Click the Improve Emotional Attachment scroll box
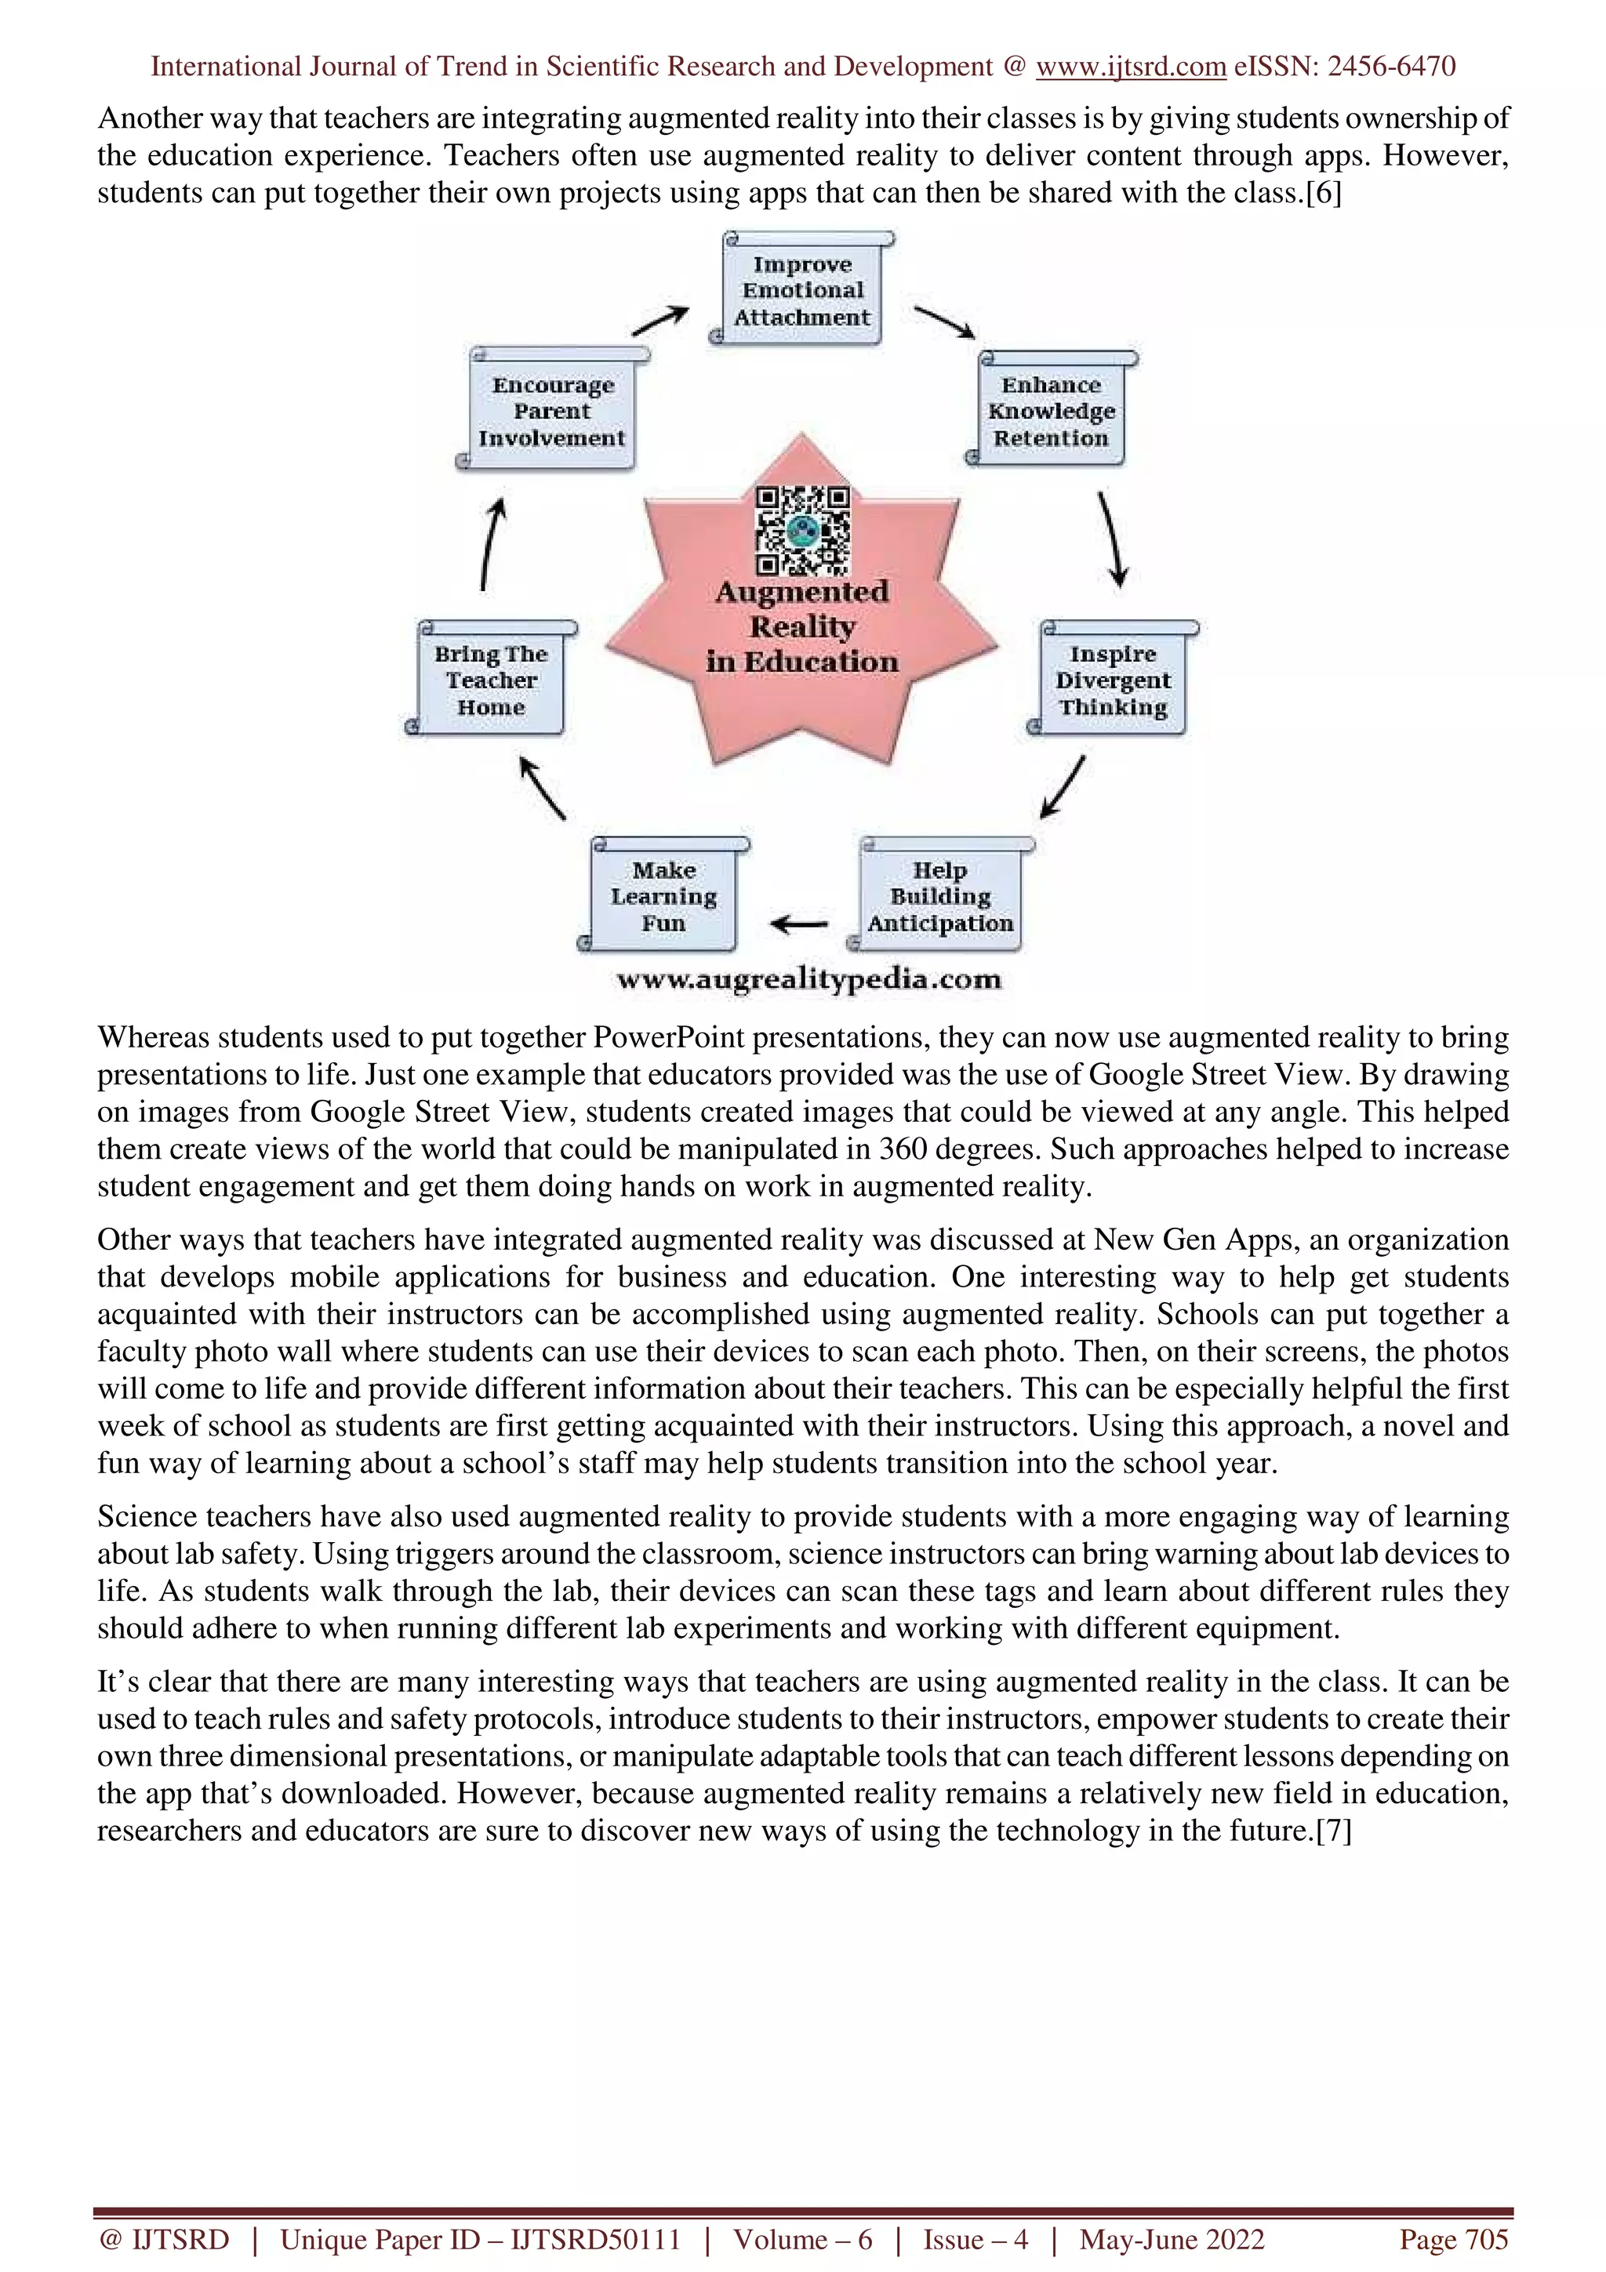click(802, 291)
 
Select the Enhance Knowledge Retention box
click(1051, 412)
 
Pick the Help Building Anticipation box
click(940, 897)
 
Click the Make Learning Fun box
click(663, 897)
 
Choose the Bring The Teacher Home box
click(491, 681)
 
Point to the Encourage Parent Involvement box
click(552, 412)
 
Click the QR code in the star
click(802, 531)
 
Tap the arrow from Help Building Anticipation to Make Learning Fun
click(800, 924)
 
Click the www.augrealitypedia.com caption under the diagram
click(808, 980)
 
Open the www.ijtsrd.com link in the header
click(1130, 67)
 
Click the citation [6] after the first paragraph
click(1323, 192)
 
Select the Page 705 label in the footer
click(1452, 2239)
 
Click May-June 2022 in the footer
click(1172, 2239)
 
